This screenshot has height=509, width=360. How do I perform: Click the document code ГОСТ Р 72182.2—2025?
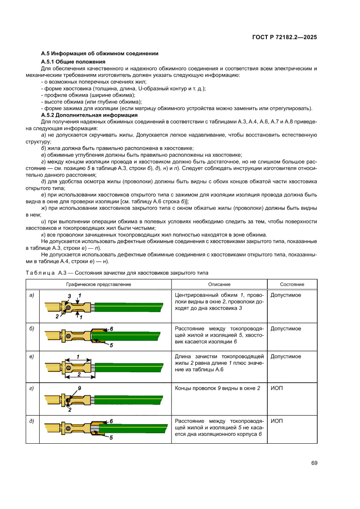pos(284,37)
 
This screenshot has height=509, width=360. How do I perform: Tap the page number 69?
pos(314,463)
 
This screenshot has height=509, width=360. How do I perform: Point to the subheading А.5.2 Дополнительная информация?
pos(89,115)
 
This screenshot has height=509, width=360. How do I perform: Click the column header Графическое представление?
pos(98,284)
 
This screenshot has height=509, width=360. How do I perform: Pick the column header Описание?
pos(219,284)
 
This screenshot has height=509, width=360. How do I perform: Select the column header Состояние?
pos(292,284)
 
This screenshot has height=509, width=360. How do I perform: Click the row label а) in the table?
pos(31,295)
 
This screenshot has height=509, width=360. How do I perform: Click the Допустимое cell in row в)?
pos(286,357)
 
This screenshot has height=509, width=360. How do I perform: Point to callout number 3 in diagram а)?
pos(69,296)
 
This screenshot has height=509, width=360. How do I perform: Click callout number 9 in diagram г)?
pos(79,388)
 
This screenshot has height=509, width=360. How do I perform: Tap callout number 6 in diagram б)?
pos(111,328)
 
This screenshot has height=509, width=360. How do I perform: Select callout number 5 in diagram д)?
pos(111,438)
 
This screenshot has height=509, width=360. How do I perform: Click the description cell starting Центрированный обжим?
pos(219,301)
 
